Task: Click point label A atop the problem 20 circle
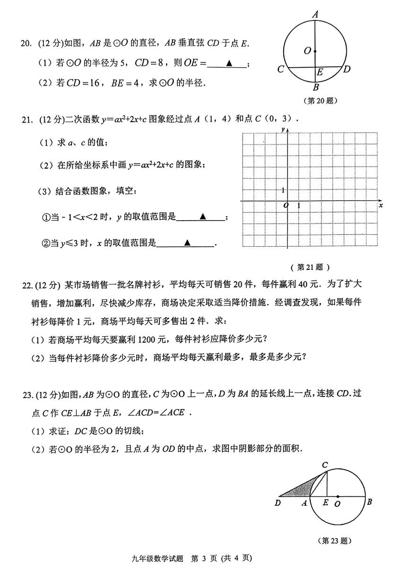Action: click(315, 15)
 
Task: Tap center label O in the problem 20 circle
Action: click(307, 51)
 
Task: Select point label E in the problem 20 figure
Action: click(320, 72)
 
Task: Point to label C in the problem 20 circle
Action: click(280, 70)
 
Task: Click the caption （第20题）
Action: click(322, 100)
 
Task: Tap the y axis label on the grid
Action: click(282, 129)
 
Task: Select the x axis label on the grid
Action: click(381, 205)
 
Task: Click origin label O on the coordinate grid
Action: click(286, 206)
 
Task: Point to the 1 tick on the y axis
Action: click(283, 190)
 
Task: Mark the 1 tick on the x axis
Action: click(298, 206)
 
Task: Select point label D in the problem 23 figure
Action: click(278, 503)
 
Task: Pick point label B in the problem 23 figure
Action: click(369, 502)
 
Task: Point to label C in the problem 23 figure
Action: click(325, 465)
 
